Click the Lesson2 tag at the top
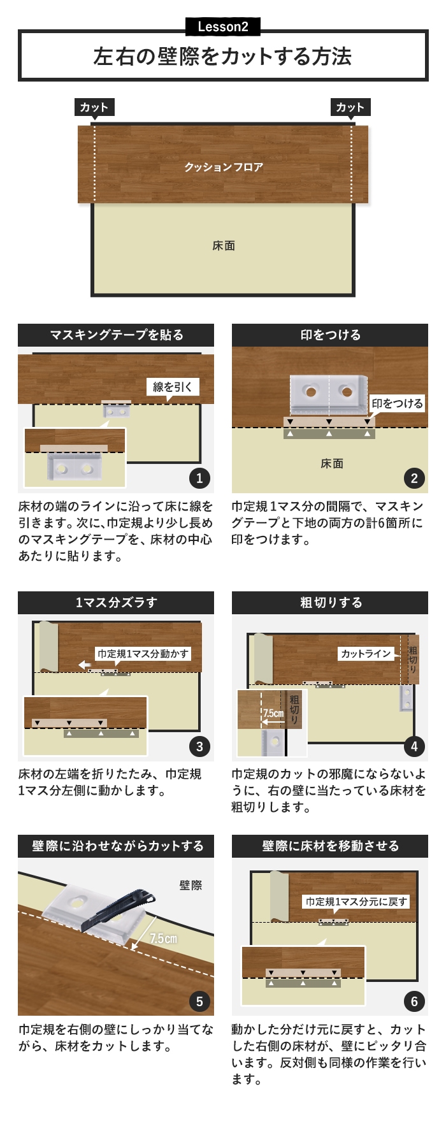[223, 27]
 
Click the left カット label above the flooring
[94, 107]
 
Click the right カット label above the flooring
[350, 107]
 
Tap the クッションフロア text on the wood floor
[224, 167]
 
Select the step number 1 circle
[199, 478]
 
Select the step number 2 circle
[414, 478]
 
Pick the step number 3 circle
[199, 746]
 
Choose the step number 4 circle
[414, 746]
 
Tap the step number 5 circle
[199, 1001]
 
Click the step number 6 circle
[414, 1001]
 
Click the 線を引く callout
[173, 387]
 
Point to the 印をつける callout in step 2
[397, 403]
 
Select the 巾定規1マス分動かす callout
[143, 654]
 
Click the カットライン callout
[366, 654]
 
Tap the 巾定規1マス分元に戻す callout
[356, 902]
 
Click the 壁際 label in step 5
[191, 885]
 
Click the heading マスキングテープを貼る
[116, 335]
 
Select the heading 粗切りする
[330, 603]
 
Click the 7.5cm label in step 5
[164, 939]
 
